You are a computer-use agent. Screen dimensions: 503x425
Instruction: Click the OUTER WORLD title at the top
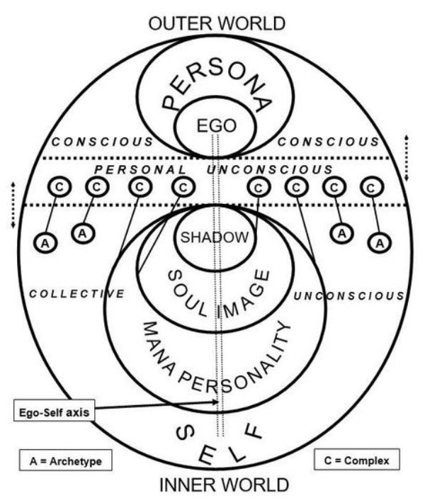coord(216,23)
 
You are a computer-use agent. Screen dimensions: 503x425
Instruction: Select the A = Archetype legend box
coord(66,461)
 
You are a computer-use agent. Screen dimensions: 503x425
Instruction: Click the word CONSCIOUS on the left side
coord(103,142)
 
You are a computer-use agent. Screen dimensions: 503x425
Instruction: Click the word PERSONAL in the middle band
coord(140,170)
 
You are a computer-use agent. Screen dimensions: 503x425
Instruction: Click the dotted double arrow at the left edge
coord(13,205)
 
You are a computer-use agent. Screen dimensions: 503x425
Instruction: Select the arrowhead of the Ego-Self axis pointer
coord(217,402)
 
